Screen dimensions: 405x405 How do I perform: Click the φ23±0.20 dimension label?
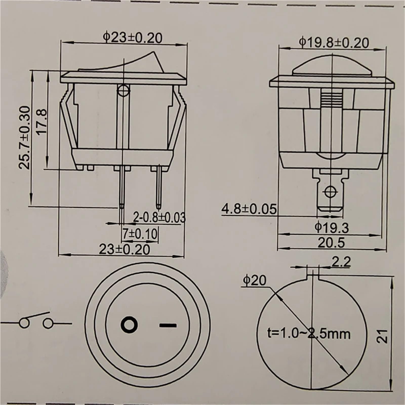click(x=132, y=38)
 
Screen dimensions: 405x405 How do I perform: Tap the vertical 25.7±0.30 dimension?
click(x=25, y=138)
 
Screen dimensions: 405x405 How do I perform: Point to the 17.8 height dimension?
click(x=42, y=121)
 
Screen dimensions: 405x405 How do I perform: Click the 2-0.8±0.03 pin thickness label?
click(x=159, y=217)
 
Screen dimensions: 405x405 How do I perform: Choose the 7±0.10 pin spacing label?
click(x=140, y=234)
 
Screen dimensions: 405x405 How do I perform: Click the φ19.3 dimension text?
click(x=332, y=228)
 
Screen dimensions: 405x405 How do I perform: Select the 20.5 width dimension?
click(x=331, y=243)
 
